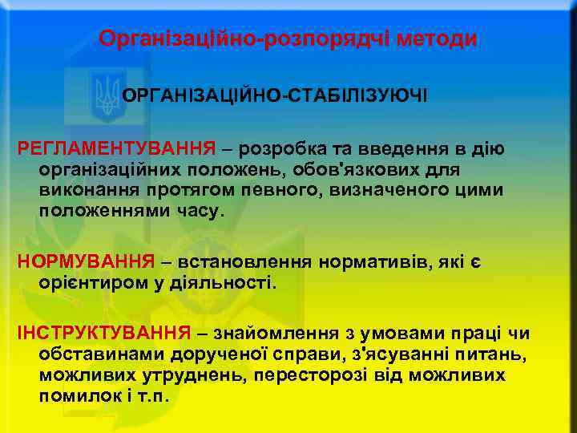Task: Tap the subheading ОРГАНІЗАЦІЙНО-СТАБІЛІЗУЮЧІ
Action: point(275,95)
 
